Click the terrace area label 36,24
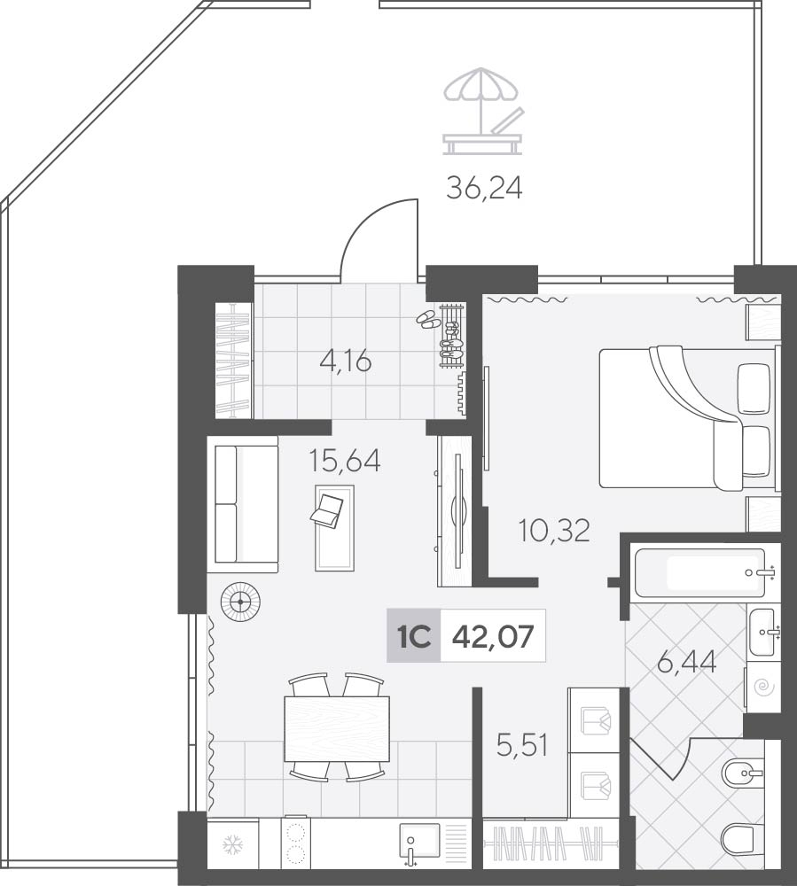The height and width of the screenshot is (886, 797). (x=484, y=189)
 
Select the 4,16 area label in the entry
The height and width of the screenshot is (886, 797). (x=346, y=361)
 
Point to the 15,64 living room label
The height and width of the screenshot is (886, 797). (x=345, y=461)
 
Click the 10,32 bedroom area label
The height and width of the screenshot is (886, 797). (x=554, y=531)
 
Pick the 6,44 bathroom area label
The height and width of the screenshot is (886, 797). (x=687, y=662)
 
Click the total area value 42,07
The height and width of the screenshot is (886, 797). (x=493, y=637)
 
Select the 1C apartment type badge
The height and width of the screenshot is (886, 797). (x=414, y=636)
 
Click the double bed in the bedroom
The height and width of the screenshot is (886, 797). (x=688, y=418)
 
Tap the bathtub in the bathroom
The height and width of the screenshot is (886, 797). (x=701, y=573)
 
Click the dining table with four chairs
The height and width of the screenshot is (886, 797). (x=337, y=728)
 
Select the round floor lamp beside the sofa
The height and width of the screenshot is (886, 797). (x=241, y=602)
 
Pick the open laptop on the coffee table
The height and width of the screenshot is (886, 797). (x=327, y=508)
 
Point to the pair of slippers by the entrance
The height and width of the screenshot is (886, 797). (x=428, y=320)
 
